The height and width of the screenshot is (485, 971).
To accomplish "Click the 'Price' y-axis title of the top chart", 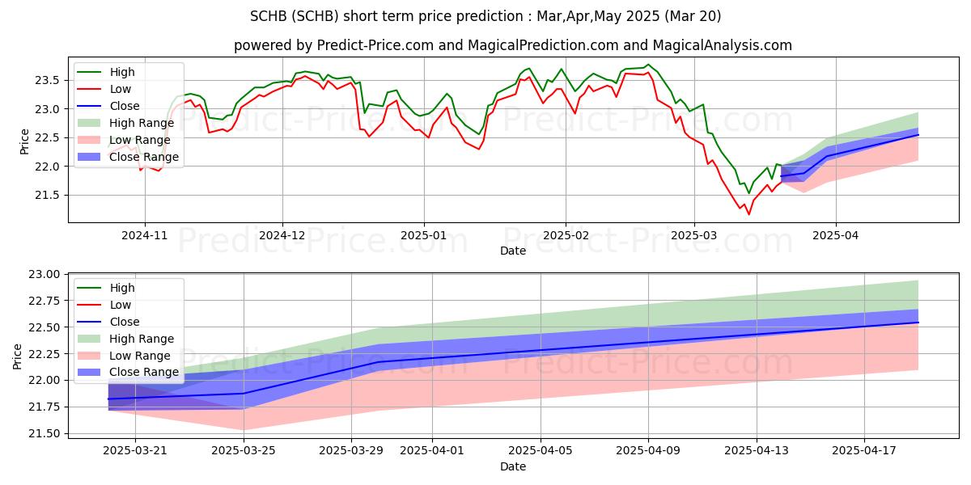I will click(25, 141).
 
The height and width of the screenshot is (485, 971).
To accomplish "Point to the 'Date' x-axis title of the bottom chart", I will click(513, 466).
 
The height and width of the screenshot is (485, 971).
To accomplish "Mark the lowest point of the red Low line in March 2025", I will click(748, 214).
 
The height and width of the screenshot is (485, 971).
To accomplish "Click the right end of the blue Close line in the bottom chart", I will click(918, 323).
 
